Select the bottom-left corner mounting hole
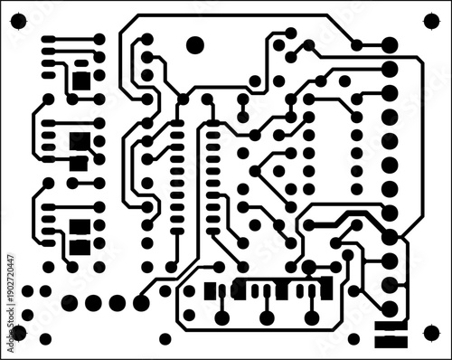(18, 333)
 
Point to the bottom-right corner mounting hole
(432, 333)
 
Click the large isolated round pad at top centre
(194, 43)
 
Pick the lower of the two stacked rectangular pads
(390, 341)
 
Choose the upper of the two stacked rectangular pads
(390, 324)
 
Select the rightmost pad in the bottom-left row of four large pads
(140, 302)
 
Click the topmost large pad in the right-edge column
(390, 45)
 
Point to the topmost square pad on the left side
(81, 80)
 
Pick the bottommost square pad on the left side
(80, 245)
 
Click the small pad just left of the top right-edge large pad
(358, 45)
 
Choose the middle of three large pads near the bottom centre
(267, 317)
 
